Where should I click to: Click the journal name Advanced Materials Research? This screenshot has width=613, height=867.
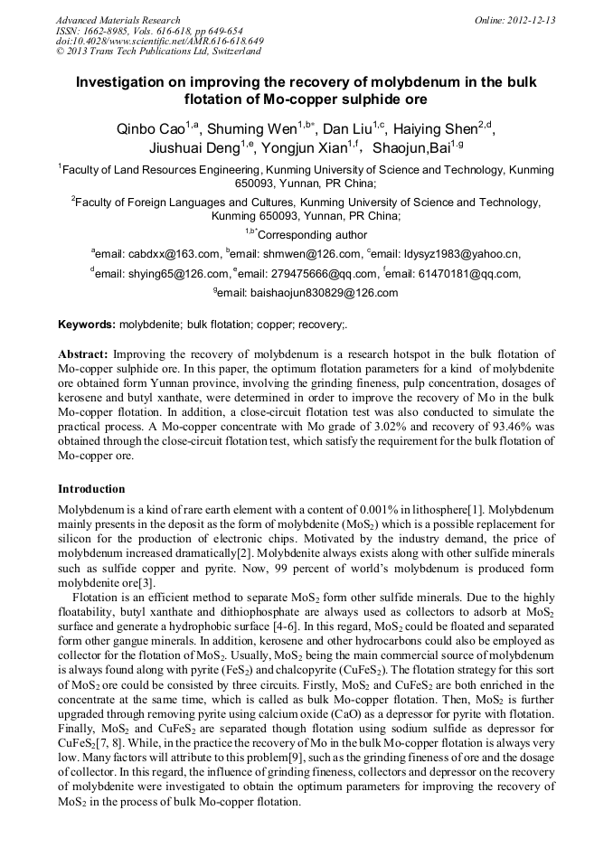tap(118, 20)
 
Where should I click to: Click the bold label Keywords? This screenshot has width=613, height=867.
tap(87, 324)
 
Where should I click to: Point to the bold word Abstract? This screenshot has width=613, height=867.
tap(83, 354)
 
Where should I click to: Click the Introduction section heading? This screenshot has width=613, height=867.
tap(91, 489)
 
